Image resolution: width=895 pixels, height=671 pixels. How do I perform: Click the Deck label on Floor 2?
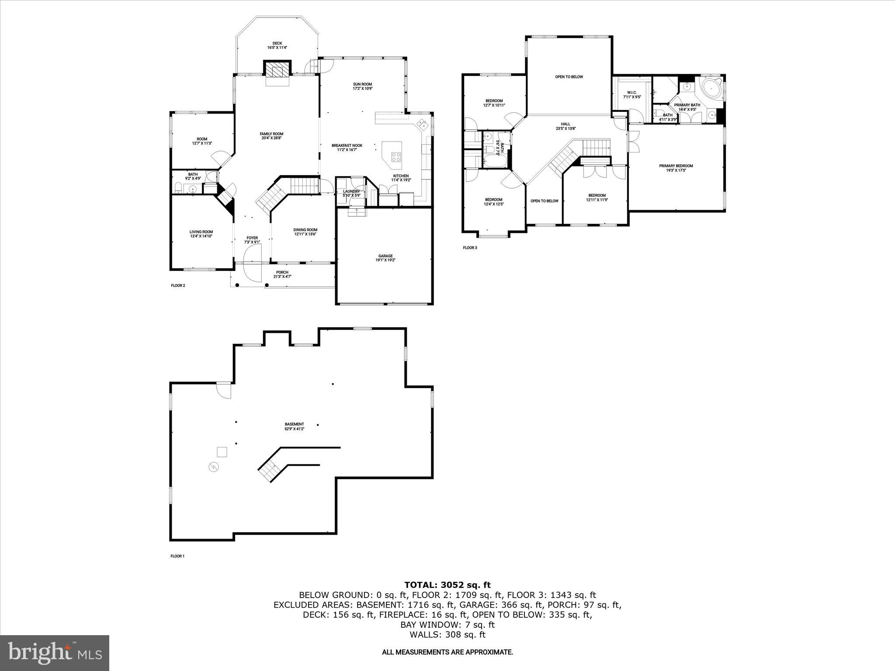pos(277,43)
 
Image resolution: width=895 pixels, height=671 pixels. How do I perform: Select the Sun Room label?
pos(362,84)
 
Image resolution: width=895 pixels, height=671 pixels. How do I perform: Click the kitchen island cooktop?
pos(396,157)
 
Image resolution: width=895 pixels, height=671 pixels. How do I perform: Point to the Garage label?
pos(385,256)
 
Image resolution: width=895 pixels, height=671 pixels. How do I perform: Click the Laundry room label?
pos(351,191)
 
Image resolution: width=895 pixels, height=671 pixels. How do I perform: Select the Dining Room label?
pos(305,230)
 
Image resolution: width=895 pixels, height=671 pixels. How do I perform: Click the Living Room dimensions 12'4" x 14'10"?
pos(201,236)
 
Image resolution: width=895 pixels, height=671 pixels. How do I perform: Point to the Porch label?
pos(282,272)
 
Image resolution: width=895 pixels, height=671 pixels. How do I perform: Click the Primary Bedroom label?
pos(676,166)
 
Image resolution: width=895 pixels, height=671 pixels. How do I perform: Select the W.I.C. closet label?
pos(631,92)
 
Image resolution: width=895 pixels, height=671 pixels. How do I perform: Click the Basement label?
pos(294,424)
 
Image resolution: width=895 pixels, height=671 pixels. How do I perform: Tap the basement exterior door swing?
pos(224,390)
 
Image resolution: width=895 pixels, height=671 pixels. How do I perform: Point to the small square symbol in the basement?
pos(222,452)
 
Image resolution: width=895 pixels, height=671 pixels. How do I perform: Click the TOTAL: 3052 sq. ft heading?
pos(447,585)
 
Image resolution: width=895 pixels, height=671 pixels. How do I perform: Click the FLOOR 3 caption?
pos(470,248)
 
